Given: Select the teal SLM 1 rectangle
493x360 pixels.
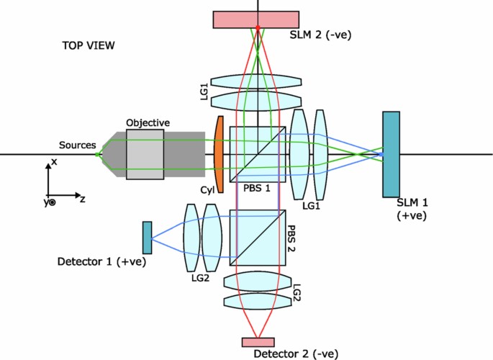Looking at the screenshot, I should click(x=392, y=153).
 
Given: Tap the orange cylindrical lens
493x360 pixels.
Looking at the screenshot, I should click(x=219, y=155).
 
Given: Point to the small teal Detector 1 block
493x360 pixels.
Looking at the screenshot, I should click(x=148, y=237).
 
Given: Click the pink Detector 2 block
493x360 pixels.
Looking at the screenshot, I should click(x=258, y=342).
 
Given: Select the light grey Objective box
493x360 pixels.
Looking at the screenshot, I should click(x=144, y=153).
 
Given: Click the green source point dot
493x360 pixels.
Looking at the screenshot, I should click(x=98, y=153).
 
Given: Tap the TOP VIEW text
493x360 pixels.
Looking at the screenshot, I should click(x=89, y=46).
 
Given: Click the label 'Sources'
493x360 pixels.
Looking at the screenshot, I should click(x=77, y=145).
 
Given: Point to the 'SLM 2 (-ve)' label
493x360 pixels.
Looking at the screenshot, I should click(x=319, y=34).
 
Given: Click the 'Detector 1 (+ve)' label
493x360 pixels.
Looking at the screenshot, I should click(x=101, y=261).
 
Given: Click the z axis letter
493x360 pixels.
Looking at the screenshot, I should click(x=83, y=199).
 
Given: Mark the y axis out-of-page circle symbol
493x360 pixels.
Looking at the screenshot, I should click(x=50, y=203).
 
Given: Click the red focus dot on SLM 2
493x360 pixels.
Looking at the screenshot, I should click(x=258, y=27).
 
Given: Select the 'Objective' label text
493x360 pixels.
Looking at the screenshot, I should click(x=148, y=122).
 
